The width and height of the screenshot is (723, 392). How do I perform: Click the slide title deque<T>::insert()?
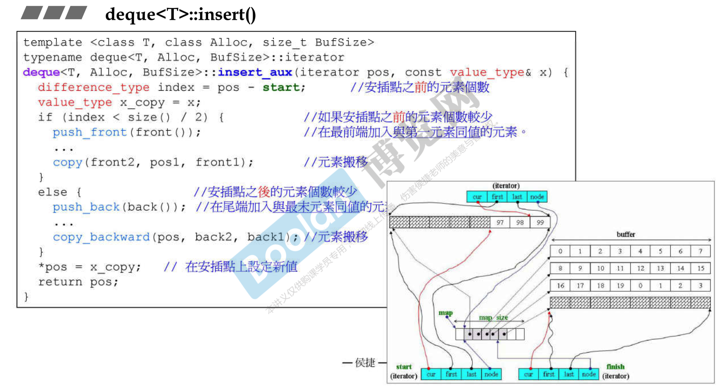pos(181,14)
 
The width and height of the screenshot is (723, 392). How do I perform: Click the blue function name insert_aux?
pos(255,72)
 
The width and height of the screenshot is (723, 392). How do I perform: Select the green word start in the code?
pos(281,87)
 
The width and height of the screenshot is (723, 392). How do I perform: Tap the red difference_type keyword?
pos(93,87)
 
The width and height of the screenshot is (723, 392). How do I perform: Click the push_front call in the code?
pos(90,132)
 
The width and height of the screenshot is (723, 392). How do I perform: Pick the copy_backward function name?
pos(101,237)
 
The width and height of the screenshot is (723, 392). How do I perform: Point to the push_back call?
pos(86,207)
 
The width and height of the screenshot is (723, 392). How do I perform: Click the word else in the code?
pos(52,192)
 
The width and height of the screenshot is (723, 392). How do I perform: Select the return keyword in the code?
pos(60,282)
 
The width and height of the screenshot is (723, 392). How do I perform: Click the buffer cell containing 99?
pos(540,223)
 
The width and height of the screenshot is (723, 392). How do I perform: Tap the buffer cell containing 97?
pos(500,223)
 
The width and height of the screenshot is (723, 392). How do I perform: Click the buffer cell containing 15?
pos(701,268)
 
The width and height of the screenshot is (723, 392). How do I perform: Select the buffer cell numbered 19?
pos(620,286)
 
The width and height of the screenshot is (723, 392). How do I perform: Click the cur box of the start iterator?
pos(431,374)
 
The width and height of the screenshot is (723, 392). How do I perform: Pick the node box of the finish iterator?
pos(588,374)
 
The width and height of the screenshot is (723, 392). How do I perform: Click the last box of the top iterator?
pos(517,197)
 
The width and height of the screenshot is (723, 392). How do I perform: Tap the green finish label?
pos(615,366)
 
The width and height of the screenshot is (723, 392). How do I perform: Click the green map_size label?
pos(493,317)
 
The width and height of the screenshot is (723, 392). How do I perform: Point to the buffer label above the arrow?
pos(626,234)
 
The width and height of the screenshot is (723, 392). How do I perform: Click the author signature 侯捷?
pos(365,362)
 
